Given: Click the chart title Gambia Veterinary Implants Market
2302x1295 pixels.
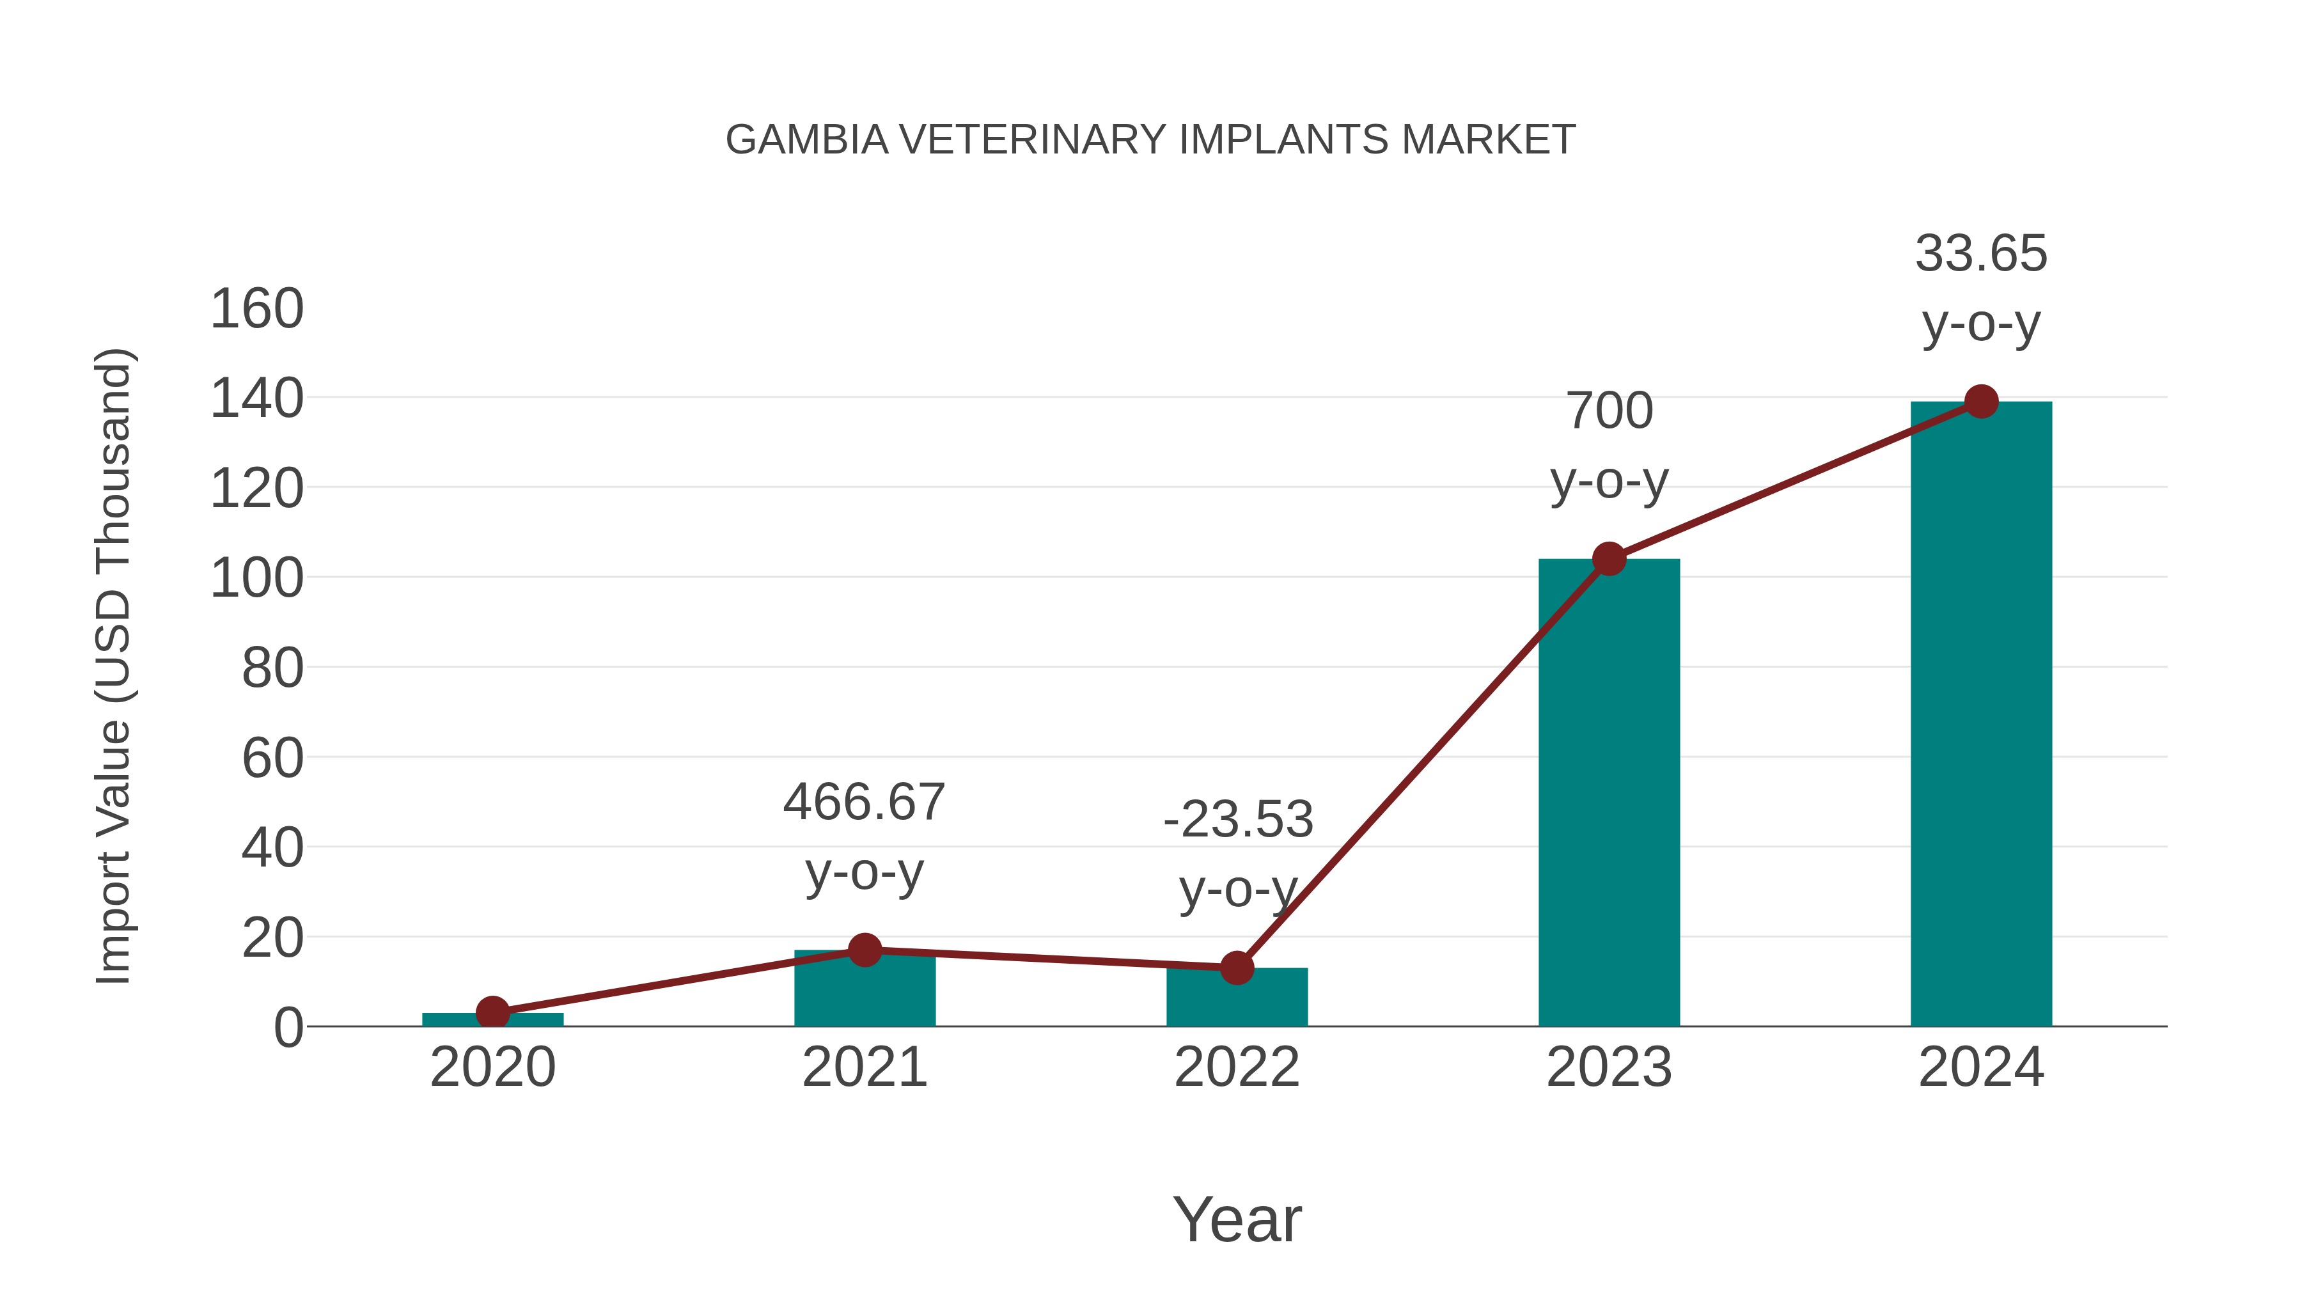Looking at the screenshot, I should (x=1150, y=140).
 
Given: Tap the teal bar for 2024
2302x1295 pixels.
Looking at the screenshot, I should (x=1981, y=715).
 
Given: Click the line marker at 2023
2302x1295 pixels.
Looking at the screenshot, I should (x=1609, y=560).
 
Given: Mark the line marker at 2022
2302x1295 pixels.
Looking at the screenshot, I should (x=1237, y=968).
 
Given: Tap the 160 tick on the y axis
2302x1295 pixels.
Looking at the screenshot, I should (x=256, y=310).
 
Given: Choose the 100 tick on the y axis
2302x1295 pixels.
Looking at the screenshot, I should (x=256, y=579).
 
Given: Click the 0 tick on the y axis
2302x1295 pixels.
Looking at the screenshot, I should (x=288, y=1028).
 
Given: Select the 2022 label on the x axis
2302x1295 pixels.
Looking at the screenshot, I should (x=1237, y=1067).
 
